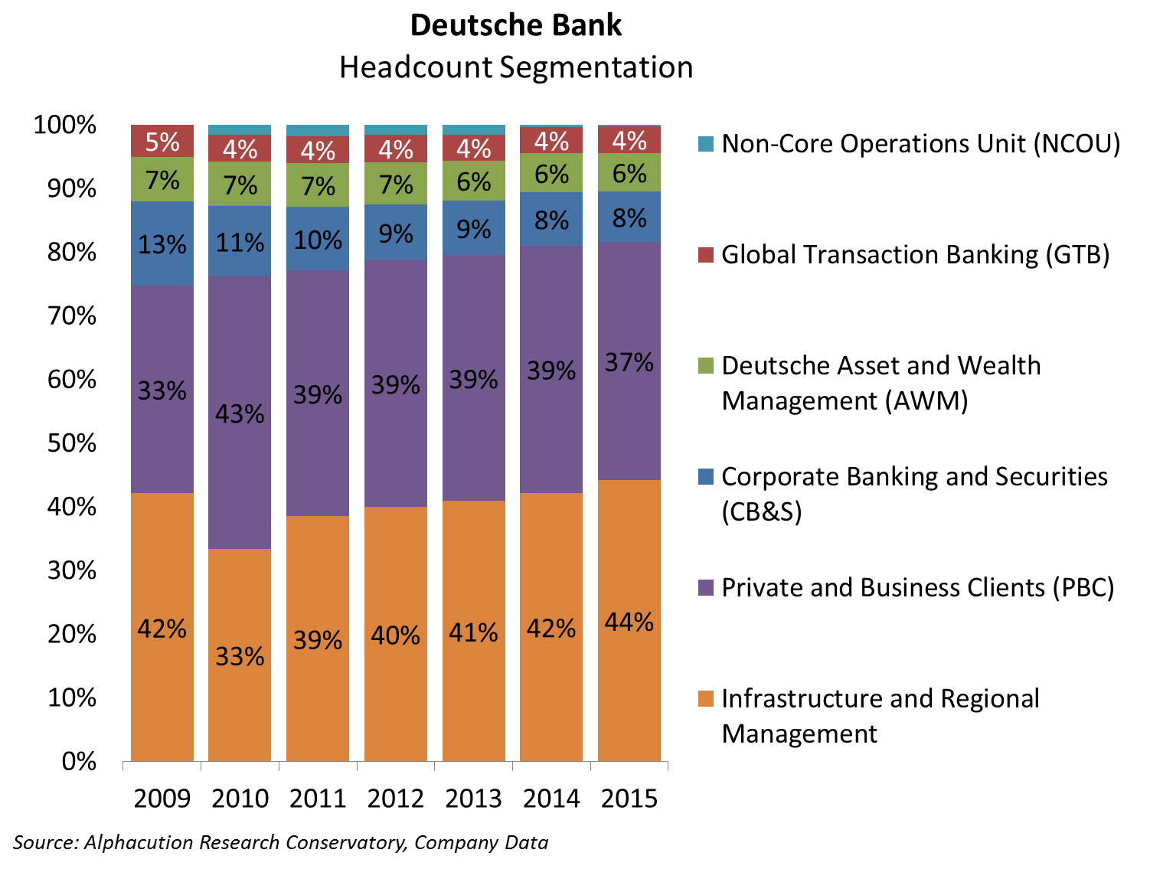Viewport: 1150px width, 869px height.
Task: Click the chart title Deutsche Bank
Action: point(516,26)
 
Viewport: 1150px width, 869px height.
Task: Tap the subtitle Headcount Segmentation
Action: point(516,67)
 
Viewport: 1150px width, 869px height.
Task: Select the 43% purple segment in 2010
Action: point(240,413)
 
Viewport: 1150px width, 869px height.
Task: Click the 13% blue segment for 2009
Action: point(162,244)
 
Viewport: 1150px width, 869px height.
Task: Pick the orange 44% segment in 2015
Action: point(629,621)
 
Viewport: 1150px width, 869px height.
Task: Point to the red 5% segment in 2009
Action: point(162,142)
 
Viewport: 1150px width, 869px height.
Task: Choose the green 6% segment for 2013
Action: point(474,181)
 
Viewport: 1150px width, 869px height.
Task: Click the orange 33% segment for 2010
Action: point(240,655)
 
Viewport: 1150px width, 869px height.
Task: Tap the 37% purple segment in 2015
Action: point(629,361)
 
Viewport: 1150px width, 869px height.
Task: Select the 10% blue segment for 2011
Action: point(318,240)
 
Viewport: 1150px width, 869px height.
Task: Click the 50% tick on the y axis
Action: point(73,443)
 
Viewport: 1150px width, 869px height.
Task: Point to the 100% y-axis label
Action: point(65,125)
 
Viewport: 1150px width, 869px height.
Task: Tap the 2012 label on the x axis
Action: point(396,799)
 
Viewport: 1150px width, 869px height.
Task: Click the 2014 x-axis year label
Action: point(551,799)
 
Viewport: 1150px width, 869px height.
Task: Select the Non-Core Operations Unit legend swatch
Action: point(706,143)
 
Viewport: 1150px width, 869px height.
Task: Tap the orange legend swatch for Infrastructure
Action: point(706,698)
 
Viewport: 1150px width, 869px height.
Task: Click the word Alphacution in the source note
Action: point(139,843)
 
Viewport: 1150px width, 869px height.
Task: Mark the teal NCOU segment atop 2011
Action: point(318,131)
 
